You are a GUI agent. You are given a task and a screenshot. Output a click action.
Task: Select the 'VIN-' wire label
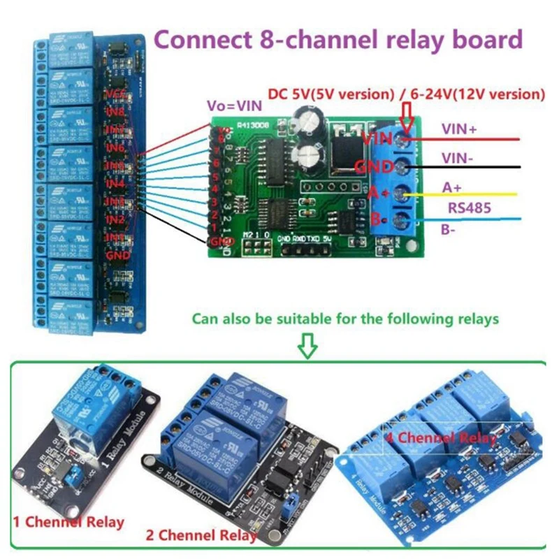pyautogui.click(x=457, y=159)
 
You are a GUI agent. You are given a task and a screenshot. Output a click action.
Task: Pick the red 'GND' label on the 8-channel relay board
pyautogui.click(x=117, y=256)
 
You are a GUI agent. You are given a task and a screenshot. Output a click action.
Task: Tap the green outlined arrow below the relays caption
pyautogui.click(x=307, y=345)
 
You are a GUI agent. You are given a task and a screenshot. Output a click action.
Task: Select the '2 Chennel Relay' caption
pyautogui.click(x=201, y=536)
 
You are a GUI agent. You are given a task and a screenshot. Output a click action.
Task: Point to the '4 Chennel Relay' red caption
pyautogui.click(x=442, y=438)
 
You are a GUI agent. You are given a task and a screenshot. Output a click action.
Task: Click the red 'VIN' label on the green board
pyautogui.click(x=376, y=140)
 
